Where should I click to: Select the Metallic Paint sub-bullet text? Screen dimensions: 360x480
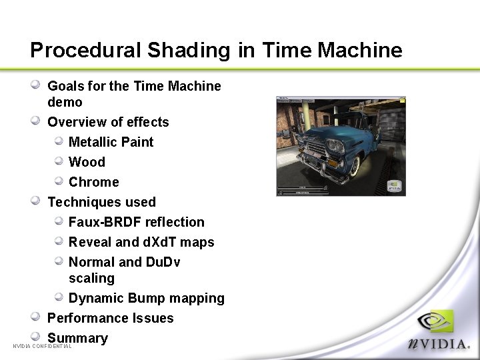tap(111, 142)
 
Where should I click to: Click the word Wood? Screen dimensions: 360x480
tap(87, 162)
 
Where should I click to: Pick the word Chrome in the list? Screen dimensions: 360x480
tap(93, 182)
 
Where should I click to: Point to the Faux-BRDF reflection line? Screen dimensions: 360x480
tap(136, 222)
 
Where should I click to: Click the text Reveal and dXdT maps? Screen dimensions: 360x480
tap(141, 242)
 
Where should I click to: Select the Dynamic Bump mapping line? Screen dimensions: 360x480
tap(146, 298)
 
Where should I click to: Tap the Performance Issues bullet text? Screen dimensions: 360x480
tap(110, 318)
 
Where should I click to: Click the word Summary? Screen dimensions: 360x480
tap(77, 338)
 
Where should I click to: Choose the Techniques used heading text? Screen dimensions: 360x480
tap(101, 202)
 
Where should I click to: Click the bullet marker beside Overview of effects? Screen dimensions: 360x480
tap(36, 121)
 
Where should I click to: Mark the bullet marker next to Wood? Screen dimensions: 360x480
tap(58, 161)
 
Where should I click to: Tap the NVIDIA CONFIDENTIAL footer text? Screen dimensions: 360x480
tap(42, 347)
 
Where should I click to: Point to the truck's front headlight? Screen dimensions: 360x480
tap(334, 146)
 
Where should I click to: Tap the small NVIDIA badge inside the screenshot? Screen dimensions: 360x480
tap(395, 185)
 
